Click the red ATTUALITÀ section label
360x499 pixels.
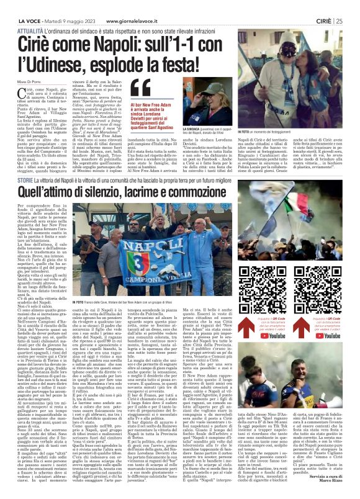point(30,29)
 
